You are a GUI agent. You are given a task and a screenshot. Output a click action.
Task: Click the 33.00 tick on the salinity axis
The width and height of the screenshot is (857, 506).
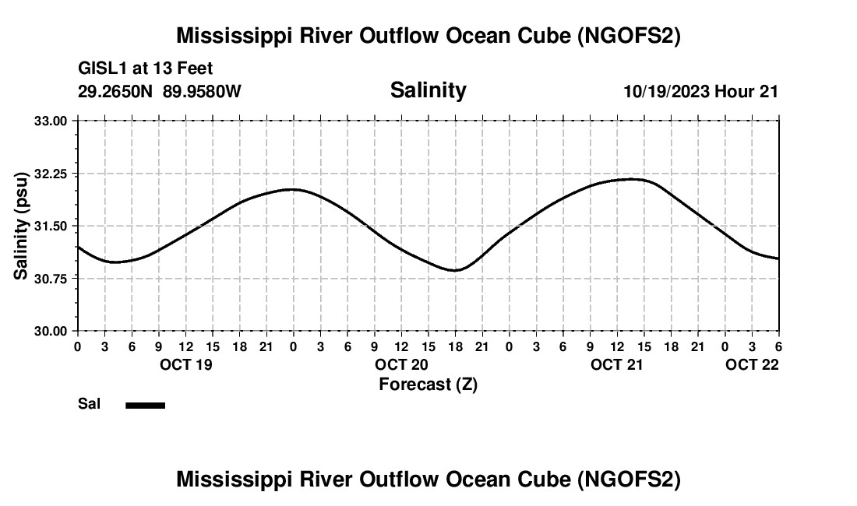tap(51, 121)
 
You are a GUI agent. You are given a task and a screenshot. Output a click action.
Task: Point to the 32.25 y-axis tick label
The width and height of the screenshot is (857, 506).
tap(51, 173)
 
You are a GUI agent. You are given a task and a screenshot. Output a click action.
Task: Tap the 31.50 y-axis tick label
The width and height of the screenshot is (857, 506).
tap(51, 226)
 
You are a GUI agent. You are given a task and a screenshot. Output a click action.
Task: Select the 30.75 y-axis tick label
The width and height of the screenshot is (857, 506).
tap(51, 278)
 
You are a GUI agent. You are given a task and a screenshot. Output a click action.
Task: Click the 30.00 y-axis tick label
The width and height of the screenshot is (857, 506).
tap(51, 331)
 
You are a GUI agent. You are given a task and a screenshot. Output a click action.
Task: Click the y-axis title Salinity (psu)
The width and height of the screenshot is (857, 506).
tap(21, 226)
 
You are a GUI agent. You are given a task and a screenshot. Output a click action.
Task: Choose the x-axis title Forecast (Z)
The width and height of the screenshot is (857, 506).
tap(428, 385)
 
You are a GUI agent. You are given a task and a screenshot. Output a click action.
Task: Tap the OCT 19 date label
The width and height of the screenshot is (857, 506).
tap(185, 365)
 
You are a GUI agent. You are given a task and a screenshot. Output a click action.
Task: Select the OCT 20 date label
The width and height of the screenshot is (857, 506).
tap(401, 365)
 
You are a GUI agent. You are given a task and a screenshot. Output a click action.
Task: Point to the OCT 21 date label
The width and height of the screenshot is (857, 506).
tap(617, 365)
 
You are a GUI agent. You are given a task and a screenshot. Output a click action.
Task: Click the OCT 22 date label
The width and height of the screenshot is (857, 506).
tap(752, 365)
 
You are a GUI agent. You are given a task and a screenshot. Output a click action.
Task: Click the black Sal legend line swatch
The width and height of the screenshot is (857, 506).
tap(145, 405)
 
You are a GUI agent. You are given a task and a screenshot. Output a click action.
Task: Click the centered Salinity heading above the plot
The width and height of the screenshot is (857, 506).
tap(428, 90)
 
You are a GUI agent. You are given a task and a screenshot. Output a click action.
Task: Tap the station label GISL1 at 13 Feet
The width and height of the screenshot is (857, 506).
tap(146, 69)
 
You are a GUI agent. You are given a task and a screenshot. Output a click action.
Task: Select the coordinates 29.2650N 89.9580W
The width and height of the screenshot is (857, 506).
tap(160, 91)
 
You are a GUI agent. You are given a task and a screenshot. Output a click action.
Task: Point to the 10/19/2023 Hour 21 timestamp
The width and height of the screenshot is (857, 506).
tap(700, 91)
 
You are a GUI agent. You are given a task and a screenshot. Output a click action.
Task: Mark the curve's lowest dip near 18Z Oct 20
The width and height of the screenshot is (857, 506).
tap(457, 270)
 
